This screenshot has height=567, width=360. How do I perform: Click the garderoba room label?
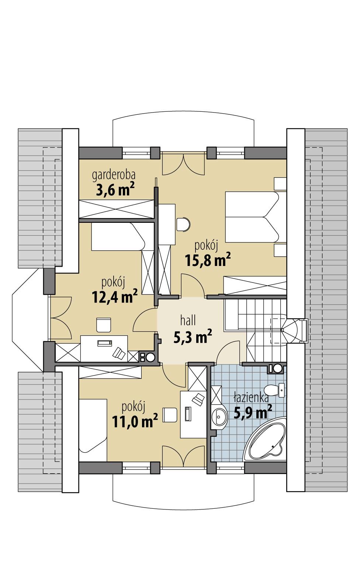pos(114,174)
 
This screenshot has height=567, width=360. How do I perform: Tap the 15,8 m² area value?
pos(207,260)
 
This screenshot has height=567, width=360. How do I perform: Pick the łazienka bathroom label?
pos(251,398)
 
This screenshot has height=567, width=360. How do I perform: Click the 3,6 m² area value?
pos(115,190)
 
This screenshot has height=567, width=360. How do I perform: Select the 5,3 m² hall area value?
pos(192,336)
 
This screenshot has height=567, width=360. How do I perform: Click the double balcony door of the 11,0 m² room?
pos(183,456)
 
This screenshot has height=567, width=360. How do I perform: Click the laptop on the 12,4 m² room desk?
pos(104,343)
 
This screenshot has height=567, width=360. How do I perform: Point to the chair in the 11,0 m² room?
pos(169,414)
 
